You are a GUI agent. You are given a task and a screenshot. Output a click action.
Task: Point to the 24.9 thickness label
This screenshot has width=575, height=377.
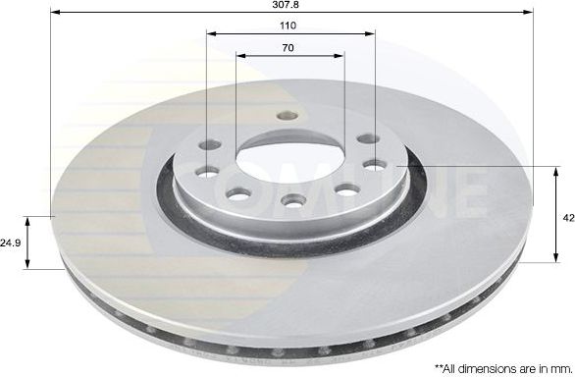pos(12,241)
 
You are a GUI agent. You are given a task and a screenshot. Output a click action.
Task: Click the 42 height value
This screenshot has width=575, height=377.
pos(568,218)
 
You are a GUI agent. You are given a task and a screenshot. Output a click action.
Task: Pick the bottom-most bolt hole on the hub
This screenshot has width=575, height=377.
pos(291,201)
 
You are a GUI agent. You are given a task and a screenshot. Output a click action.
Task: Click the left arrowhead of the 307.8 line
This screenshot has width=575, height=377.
pos(53,12)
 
